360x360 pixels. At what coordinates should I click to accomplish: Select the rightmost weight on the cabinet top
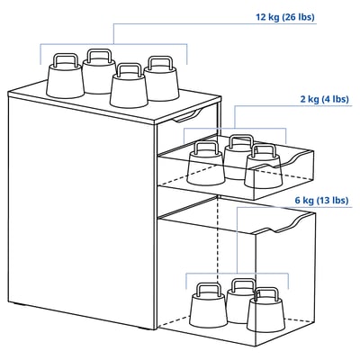tap(161, 82)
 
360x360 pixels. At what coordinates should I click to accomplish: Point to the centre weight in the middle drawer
tap(239, 157)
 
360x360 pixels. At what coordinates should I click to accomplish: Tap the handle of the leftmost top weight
tap(64, 60)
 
